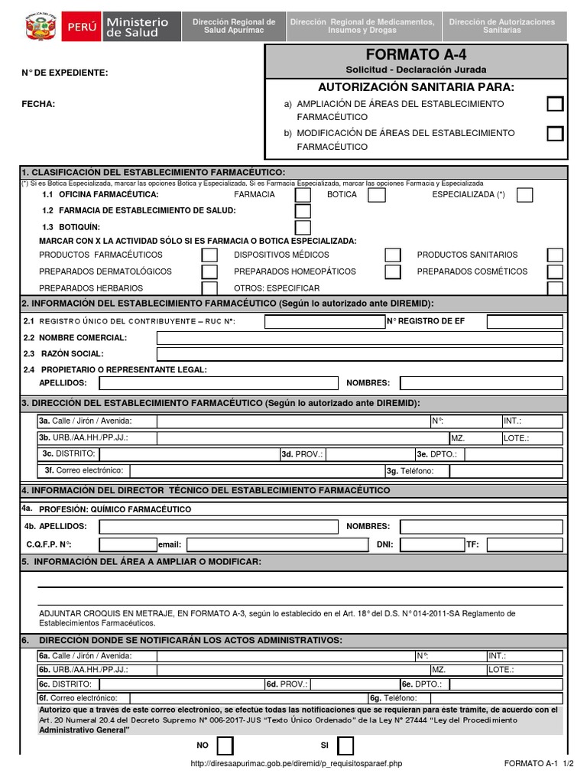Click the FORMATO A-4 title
[416, 55]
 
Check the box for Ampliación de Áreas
[555, 104]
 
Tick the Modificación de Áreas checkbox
[555, 134]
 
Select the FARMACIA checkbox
[303, 195]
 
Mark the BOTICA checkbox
[376, 195]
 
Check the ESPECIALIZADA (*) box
[524, 195]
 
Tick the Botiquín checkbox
[303, 227]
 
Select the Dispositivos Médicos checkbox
[392, 255]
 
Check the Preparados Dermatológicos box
[209, 271]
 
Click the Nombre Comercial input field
[359, 338]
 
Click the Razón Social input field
[359, 354]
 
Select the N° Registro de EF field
[524, 322]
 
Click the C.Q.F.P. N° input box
[128, 544]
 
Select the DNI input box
[431, 544]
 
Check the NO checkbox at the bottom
[225, 746]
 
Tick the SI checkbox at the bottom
[345, 746]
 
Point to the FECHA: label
[38, 104]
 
